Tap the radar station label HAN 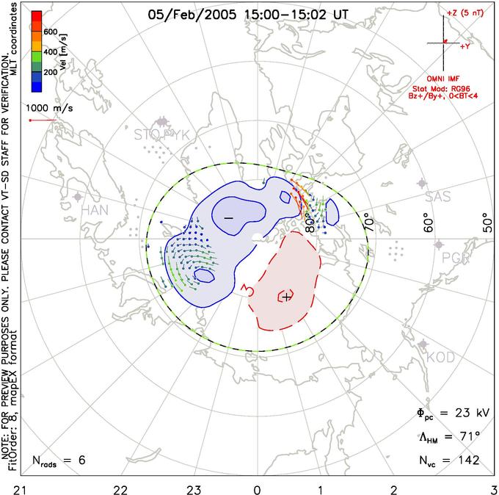[95, 210]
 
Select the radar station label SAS [439, 197]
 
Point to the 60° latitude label [429, 220]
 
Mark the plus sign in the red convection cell [287, 297]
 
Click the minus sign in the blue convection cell [228, 218]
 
